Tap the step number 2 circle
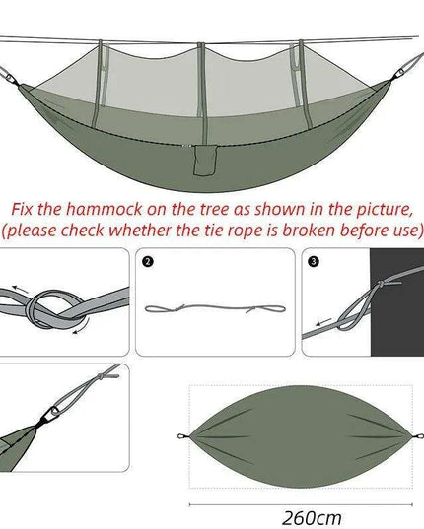click(x=148, y=263)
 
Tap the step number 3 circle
click(x=315, y=263)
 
